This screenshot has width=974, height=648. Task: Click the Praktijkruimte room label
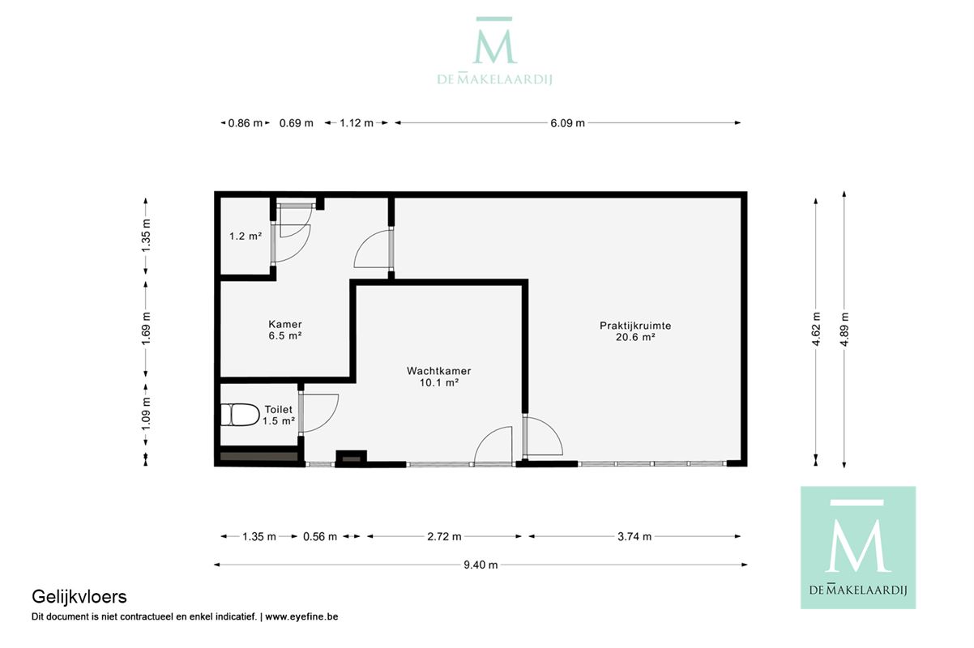634,326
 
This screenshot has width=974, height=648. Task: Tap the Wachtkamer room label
438,371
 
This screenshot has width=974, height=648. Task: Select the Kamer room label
284,324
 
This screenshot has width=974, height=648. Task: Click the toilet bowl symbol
240,415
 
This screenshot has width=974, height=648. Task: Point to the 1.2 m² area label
246,236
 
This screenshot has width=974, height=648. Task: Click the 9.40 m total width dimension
481,565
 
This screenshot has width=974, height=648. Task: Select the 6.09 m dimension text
567,123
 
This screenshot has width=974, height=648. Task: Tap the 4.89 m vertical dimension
844,329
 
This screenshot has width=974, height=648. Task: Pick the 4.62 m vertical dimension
816,329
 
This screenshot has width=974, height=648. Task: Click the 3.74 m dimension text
634,536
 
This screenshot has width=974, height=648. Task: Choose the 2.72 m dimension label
444,536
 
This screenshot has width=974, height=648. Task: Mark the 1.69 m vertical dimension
146,329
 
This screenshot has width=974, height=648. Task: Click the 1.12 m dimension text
357,123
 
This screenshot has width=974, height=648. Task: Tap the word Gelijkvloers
79,597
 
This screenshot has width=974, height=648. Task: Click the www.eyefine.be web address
301,616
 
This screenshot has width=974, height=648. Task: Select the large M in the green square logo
858,545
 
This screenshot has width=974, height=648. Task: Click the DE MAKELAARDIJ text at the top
494,79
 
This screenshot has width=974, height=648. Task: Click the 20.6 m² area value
634,337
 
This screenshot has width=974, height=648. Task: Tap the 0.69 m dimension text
296,123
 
